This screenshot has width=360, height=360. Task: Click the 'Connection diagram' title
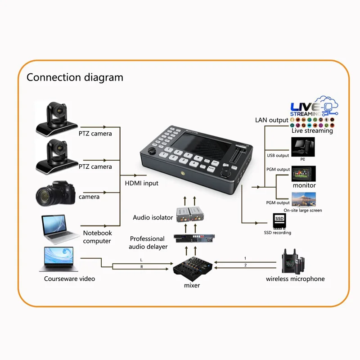pos(75,77)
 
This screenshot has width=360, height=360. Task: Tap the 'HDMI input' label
pos(141,183)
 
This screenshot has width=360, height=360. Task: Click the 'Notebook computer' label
pos(97,237)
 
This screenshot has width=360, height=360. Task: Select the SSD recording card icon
pos(280,220)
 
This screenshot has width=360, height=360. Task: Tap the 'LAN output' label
pos(272,120)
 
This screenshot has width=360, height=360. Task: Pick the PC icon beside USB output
pos(303,147)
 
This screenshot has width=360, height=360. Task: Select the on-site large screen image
pos(304,199)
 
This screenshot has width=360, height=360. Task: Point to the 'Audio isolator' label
pos(153,217)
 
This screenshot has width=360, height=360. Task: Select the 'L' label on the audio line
pos(141,261)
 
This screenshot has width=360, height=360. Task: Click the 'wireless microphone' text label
pos(295,279)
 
